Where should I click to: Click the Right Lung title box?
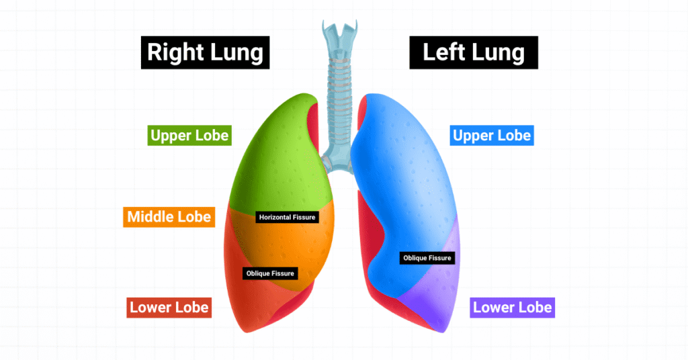click(x=205, y=52)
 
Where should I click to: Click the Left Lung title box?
click(x=474, y=52)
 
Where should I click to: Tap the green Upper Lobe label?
click(x=189, y=136)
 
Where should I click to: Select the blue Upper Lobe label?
click(x=491, y=136)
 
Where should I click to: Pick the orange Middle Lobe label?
click(x=169, y=217)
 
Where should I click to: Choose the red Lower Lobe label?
click(x=169, y=308)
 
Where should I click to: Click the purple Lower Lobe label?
click(x=512, y=308)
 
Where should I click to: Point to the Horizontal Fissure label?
click(x=287, y=217)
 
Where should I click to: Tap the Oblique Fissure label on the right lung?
click(x=270, y=273)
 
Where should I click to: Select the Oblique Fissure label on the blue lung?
click(x=427, y=258)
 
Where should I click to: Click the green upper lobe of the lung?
click(x=281, y=158)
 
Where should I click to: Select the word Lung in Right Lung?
click(x=236, y=53)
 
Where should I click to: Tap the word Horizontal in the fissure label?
click(x=275, y=217)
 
